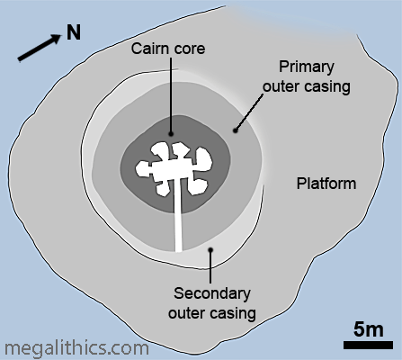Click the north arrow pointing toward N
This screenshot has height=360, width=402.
click(x=40, y=48)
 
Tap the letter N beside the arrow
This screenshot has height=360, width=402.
click(x=74, y=32)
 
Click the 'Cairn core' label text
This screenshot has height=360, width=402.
click(x=168, y=49)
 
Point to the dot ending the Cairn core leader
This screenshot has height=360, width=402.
click(x=171, y=134)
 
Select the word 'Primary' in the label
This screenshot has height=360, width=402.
click(x=306, y=67)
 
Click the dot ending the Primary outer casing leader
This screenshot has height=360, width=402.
click(x=236, y=130)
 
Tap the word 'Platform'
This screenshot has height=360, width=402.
click(x=326, y=183)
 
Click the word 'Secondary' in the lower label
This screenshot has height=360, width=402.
click(x=212, y=293)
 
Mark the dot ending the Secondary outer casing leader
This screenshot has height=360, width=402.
click(x=210, y=249)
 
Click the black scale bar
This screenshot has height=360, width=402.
click(x=368, y=345)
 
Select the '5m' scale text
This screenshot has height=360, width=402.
click(x=369, y=329)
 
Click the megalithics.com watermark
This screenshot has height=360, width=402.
click(x=76, y=348)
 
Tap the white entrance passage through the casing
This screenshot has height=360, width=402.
click(x=178, y=214)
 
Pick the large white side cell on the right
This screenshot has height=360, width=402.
click(x=202, y=159)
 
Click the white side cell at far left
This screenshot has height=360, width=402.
click(x=144, y=169)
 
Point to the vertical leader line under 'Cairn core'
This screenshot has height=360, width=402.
click(x=171, y=94)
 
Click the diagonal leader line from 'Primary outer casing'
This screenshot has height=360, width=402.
click(x=249, y=112)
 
